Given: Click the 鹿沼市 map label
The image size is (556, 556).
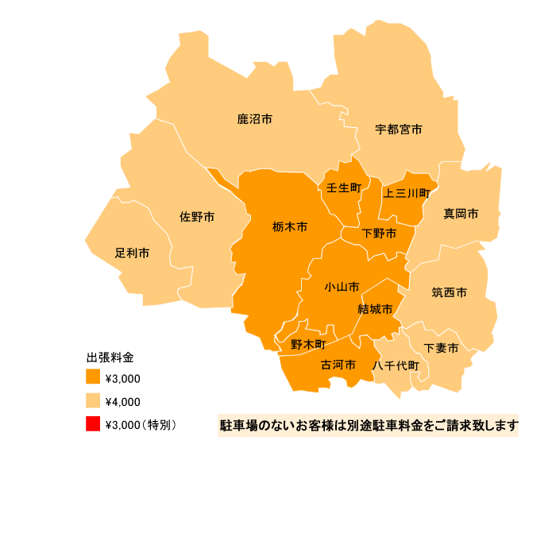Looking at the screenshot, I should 255,119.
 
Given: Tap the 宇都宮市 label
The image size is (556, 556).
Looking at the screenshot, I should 399,129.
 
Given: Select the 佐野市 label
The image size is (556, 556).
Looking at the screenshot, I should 196,217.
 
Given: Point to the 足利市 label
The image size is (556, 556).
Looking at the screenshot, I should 132,253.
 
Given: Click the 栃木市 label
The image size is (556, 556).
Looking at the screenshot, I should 289,226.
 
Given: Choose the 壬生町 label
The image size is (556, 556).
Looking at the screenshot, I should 344,187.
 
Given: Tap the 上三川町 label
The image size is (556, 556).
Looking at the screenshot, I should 407,192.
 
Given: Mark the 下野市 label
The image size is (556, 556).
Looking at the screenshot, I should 379,234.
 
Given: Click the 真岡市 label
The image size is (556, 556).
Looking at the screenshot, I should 461,214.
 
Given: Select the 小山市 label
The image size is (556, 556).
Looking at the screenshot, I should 342,286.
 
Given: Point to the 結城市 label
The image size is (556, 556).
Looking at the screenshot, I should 375,308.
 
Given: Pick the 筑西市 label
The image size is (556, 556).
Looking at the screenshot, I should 449,292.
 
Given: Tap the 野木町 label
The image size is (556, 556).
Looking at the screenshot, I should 308,344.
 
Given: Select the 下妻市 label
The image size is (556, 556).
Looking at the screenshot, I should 441,348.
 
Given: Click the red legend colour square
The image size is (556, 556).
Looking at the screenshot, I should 94,424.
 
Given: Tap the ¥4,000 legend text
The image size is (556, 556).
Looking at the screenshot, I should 122,401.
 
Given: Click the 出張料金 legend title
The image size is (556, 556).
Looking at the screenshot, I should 110,357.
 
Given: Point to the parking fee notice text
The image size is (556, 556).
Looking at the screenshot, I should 369,426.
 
